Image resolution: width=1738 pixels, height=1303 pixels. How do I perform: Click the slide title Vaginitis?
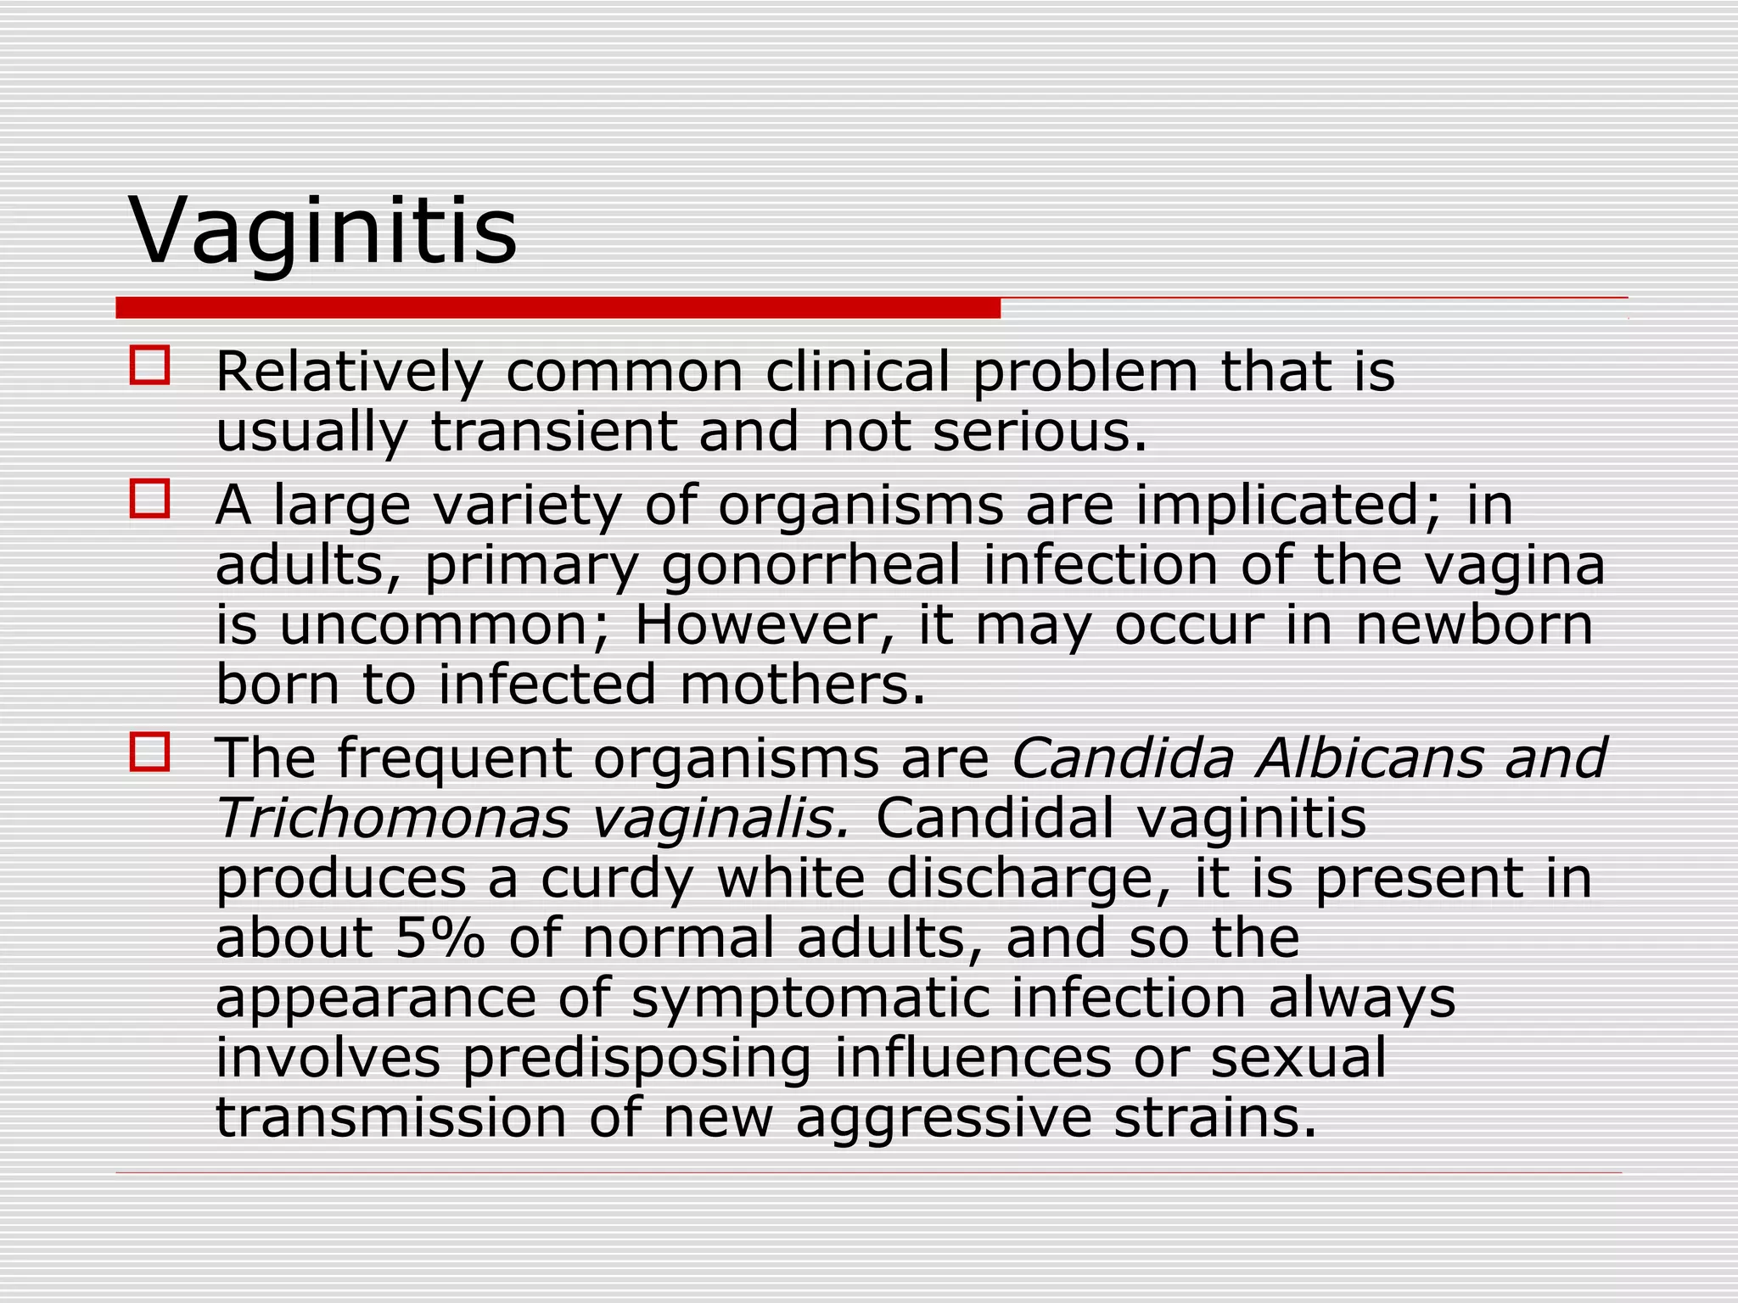pos(322,231)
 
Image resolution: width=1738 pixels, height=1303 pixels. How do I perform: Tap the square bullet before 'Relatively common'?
pos(149,366)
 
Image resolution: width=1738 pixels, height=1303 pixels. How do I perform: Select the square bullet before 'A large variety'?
pos(149,499)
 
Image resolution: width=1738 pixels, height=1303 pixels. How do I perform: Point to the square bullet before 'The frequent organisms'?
pos(149,752)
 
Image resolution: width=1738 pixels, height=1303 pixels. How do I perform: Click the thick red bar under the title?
pos(558,308)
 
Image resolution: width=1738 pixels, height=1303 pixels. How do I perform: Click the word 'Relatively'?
pos(349,372)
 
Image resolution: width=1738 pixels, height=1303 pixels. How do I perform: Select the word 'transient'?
pos(553,432)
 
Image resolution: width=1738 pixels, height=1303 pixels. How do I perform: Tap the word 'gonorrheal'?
pos(810,565)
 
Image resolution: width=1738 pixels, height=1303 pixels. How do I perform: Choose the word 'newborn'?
pos(1474,625)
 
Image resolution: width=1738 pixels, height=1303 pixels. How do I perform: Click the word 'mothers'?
pos(801,685)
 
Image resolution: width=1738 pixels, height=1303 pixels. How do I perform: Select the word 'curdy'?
pos(617,879)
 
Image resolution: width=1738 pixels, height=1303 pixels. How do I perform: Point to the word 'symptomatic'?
pos(810,998)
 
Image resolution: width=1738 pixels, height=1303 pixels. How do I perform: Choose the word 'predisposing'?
pos(636,1059)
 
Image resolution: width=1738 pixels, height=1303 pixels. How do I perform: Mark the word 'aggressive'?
pos(943,1119)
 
